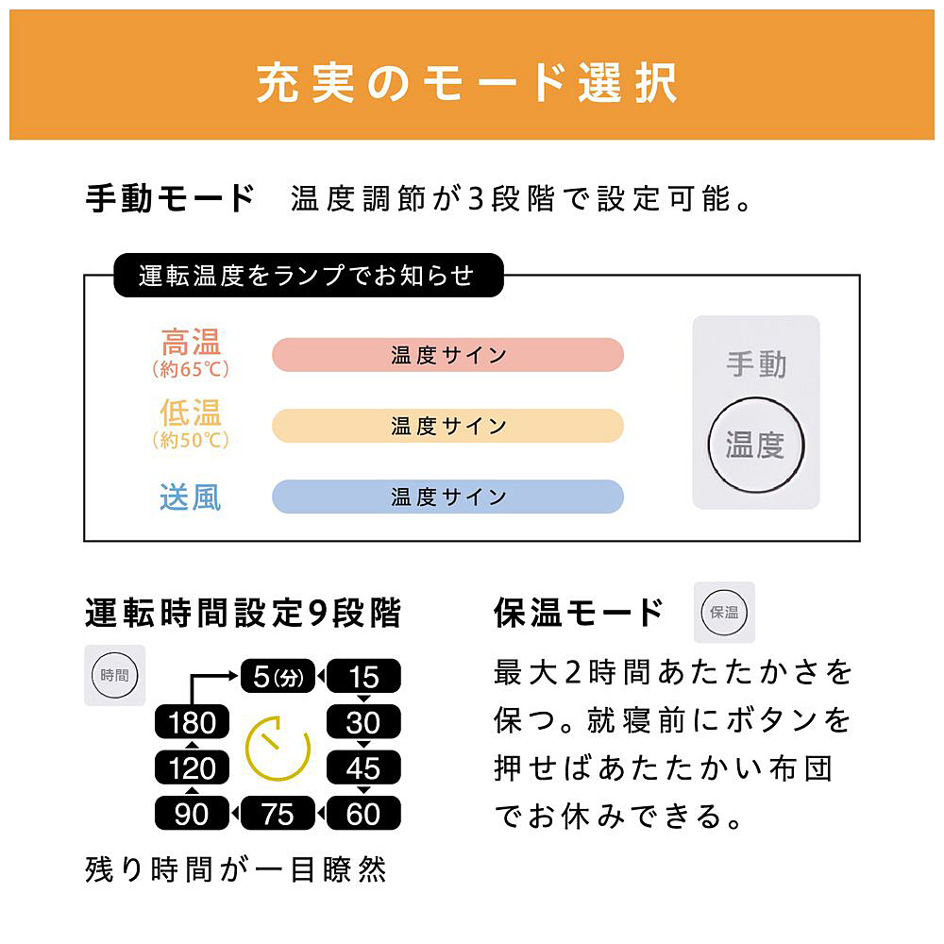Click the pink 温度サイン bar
[x=447, y=355]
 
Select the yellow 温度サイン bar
[x=447, y=426]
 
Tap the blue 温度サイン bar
[x=447, y=497]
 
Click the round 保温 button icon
[x=724, y=613]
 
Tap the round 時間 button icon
[x=114, y=675]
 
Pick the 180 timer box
[x=192, y=721]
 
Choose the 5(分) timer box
[x=278, y=676]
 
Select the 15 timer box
[x=363, y=676]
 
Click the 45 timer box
[x=363, y=767]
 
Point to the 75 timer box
[x=278, y=814]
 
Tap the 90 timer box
[x=192, y=814]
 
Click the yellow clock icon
[x=278, y=749]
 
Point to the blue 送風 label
[x=191, y=497]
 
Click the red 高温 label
[x=191, y=342]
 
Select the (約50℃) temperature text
[x=191, y=440]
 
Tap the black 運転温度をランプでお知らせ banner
[x=309, y=275]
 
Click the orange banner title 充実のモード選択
[x=467, y=82]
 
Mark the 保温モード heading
[x=579, y=613]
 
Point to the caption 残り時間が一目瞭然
[x=235, y=869]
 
